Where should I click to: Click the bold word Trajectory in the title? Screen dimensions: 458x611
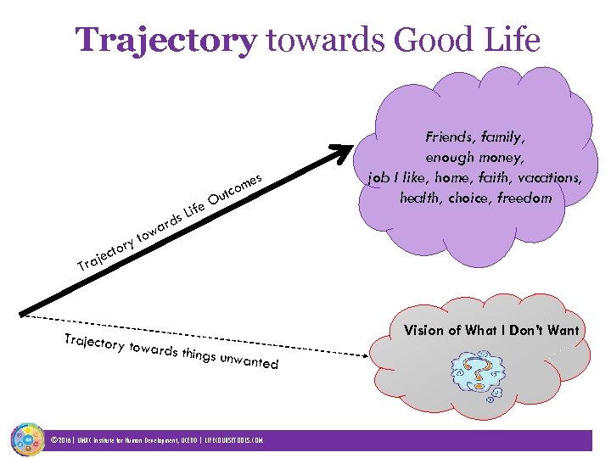tap(165, 40)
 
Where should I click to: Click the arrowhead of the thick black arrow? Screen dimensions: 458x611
tap(342, 148)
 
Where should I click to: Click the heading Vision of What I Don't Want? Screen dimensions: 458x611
tap(491, 330)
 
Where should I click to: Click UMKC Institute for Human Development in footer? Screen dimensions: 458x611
tap(126, 441)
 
